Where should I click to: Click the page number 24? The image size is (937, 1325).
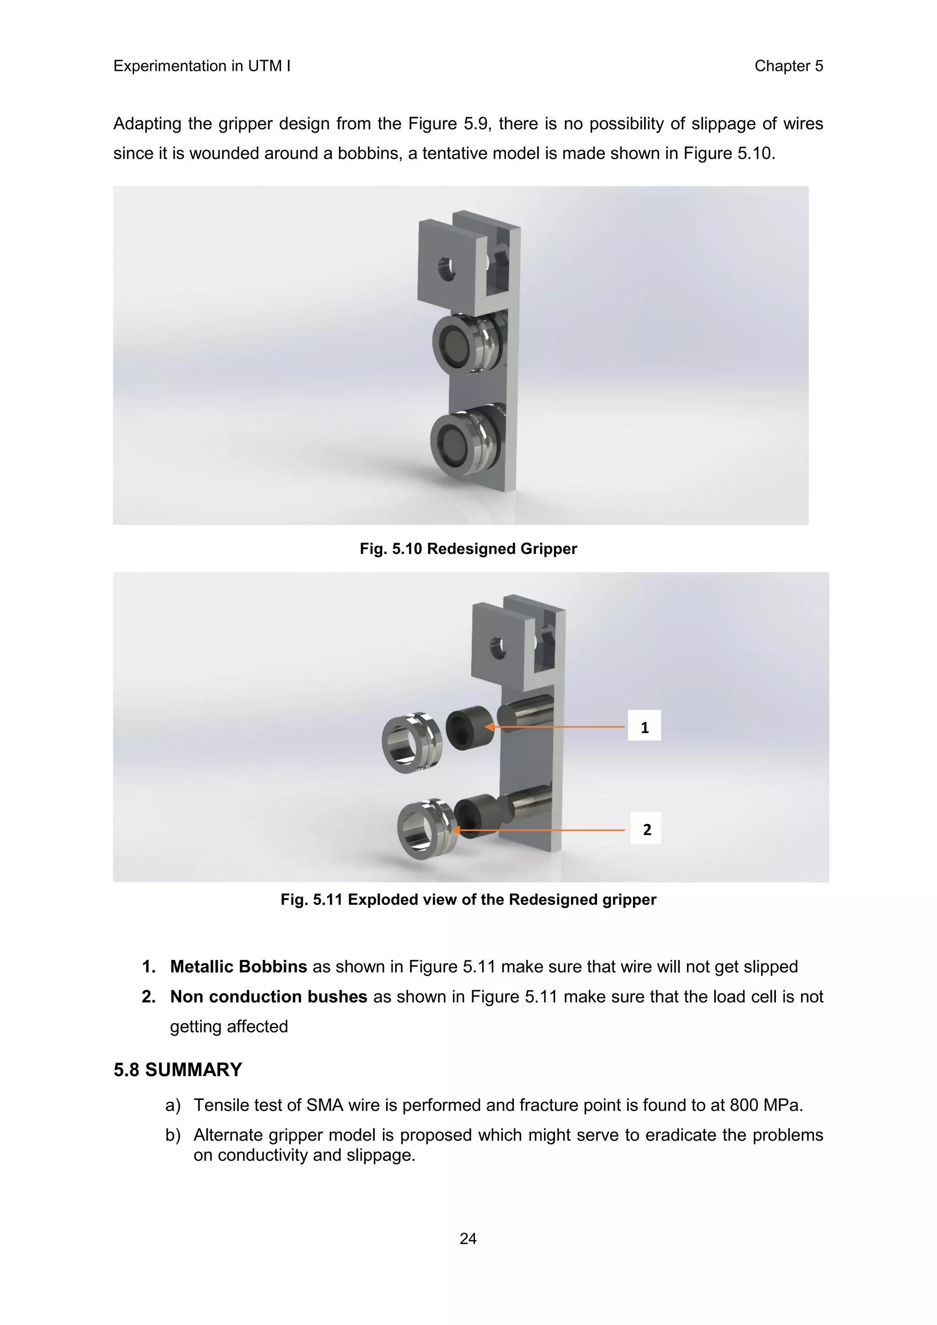coord(468,1239)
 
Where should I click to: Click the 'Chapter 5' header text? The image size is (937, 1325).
coord(788,66)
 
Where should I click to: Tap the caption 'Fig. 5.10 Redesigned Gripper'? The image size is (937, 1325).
coord(468,549)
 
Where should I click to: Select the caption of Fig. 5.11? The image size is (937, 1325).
coord(468,899)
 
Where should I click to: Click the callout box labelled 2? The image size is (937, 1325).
coord(646,829)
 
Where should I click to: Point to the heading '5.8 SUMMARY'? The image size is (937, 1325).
coord(178,1069)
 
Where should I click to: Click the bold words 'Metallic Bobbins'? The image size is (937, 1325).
coord(238,967)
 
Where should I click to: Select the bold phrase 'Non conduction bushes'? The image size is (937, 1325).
coord(268,996)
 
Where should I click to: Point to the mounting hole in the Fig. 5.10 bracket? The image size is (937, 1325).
coord(446,269)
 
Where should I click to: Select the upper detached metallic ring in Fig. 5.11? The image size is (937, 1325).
coord(411,743)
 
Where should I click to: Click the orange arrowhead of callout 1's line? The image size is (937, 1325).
coord(489,727)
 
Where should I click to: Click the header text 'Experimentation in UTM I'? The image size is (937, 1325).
coord(202,66)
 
